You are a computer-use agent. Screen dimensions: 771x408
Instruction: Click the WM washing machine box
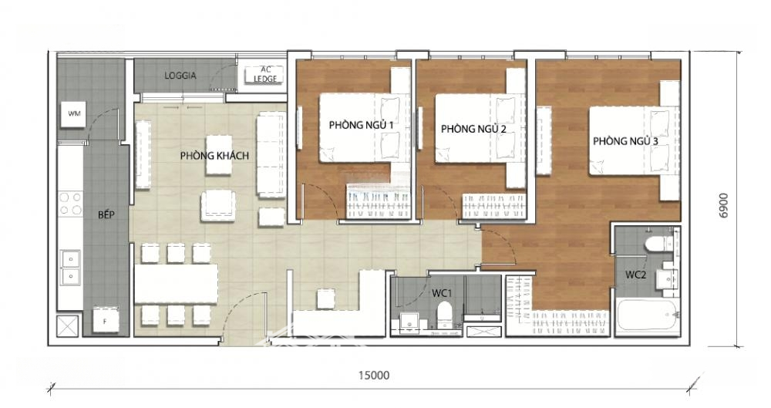pos(74,113)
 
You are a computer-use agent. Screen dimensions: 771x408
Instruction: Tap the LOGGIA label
pos(180,76)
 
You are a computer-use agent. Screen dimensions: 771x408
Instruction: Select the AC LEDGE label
pos(265,74)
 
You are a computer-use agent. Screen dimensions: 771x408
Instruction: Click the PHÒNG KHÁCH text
pos(214,156)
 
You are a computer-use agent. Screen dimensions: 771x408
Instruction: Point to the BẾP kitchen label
pos(106,214)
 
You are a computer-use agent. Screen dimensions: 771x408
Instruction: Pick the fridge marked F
pos(106,319)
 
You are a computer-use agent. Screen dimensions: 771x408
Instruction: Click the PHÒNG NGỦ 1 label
pos(362,125)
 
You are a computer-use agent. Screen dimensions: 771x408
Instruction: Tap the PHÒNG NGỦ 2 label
pos(473,129)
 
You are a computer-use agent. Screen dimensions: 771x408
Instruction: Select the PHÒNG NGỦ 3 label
pos(625,141)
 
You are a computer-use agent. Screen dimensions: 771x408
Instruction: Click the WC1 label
pos(442,293)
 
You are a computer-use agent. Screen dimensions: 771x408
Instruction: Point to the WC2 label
pos(635,275)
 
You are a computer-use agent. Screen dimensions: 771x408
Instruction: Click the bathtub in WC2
pos(648,315)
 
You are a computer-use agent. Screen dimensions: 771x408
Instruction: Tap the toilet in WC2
pos(658,243)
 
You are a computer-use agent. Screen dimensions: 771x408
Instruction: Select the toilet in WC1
pos(445,314)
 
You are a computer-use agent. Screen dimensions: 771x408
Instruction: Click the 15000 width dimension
pos(374,375)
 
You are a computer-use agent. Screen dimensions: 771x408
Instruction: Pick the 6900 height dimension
pos(725,206)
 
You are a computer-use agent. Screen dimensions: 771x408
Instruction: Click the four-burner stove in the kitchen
pos(70,204)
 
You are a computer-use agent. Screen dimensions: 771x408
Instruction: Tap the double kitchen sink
pos(70,268)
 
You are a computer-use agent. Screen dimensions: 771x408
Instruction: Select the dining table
pos(176,284)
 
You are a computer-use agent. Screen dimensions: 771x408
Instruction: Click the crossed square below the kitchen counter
pos(67,325)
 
